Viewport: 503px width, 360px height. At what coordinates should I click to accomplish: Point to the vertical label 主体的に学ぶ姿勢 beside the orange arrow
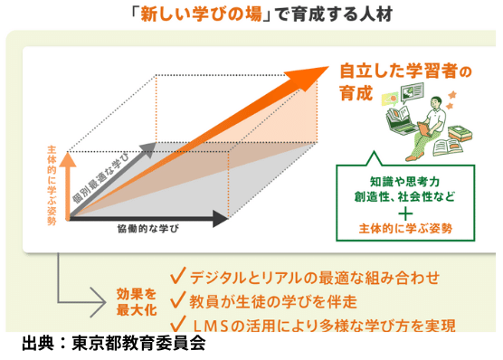click(x=52, y=177)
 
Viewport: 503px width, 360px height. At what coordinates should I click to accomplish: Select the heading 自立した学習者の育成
click(x=391, y=80)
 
